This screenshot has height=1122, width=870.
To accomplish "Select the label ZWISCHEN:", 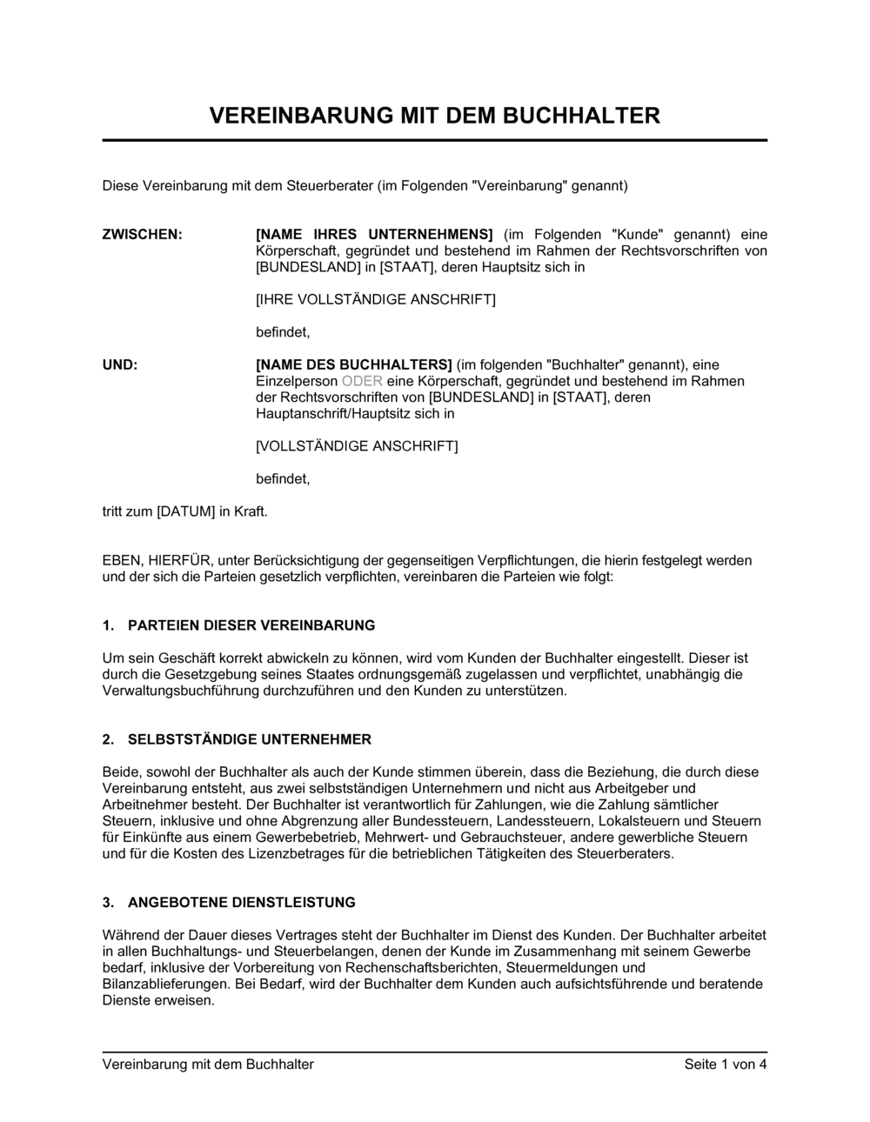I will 143,235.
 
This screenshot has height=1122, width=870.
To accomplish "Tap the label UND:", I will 120,364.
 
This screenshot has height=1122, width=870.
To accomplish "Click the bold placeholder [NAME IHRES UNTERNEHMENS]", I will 374,235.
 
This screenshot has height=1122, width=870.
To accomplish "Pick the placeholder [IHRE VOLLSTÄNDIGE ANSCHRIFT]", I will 376,300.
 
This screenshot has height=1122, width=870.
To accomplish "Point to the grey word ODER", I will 362,381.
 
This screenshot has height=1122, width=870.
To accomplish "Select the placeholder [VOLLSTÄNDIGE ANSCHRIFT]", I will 357,446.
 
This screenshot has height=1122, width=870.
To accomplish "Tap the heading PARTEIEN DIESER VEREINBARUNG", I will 251,625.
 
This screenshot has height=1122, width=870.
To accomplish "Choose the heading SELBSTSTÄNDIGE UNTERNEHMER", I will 250,739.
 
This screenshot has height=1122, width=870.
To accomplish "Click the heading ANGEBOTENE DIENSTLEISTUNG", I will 242,903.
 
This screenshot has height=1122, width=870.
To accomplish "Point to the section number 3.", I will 108,903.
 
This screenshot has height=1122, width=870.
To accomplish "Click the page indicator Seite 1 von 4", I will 726,1064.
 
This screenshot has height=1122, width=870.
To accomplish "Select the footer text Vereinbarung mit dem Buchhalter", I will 208,1064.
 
